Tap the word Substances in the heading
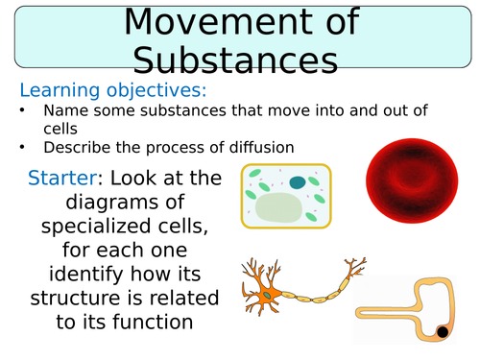click(x=235, y=60)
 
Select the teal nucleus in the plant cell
click(x=297, y=181)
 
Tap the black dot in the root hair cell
click(x=443, y=333)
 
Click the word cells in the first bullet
click(x=59, y=128)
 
